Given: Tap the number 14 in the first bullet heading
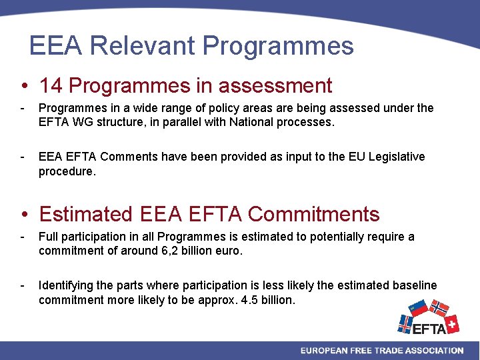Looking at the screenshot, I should point(51,86).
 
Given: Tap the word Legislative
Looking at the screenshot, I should point(393,157).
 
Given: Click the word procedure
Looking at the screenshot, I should point(67,171).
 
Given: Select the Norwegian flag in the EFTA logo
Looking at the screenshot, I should point(438,309).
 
